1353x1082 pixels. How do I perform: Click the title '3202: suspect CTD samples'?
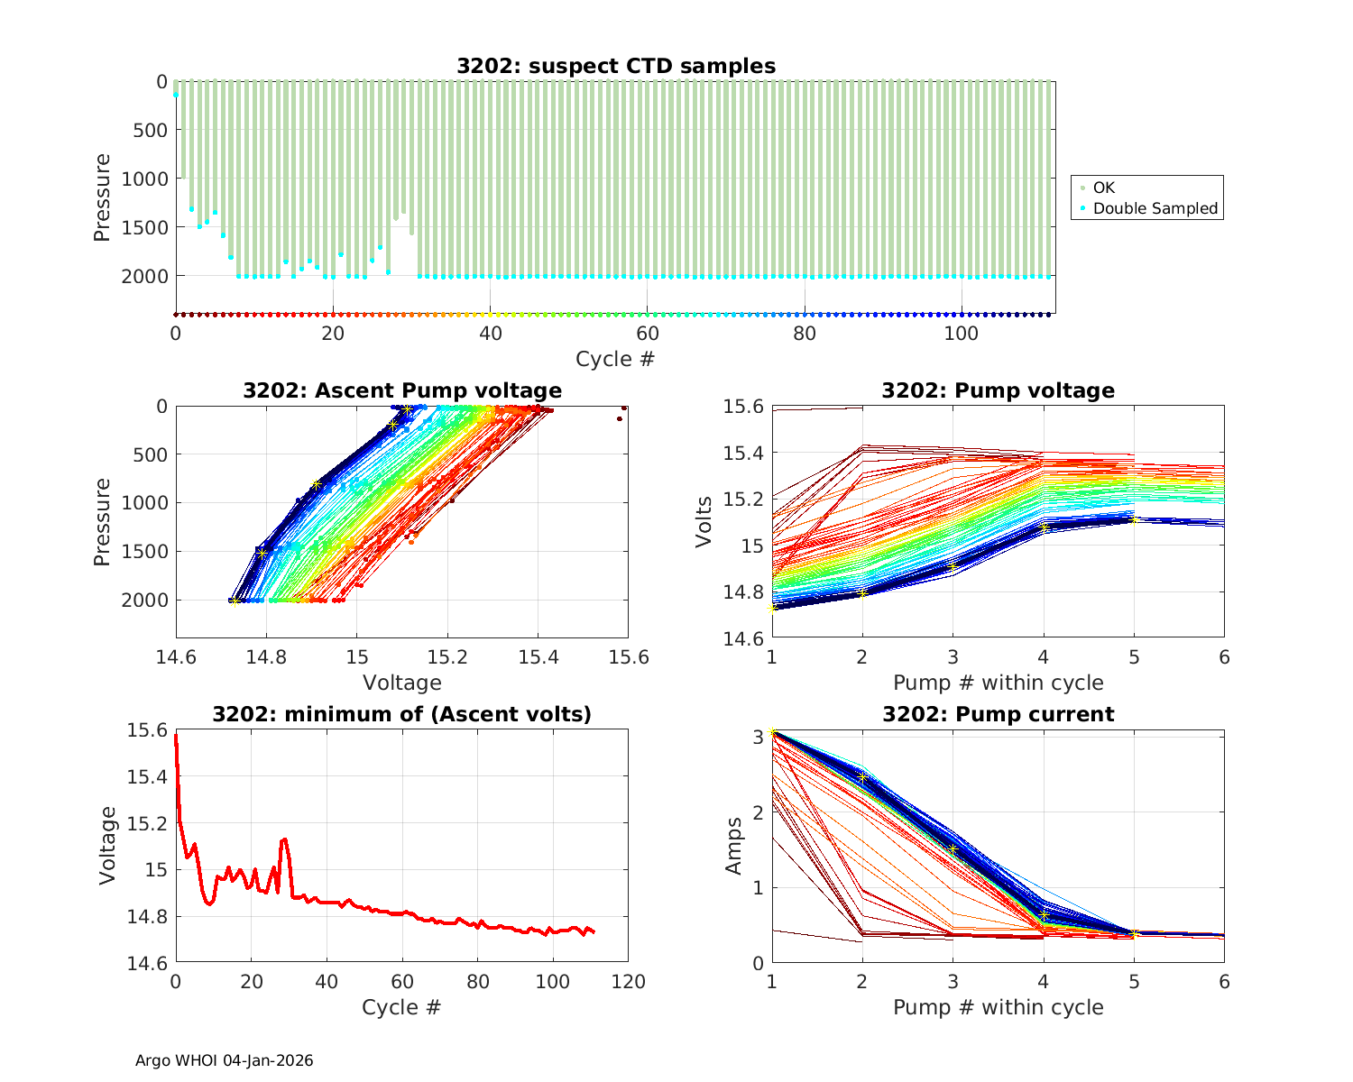(x=615, y=66)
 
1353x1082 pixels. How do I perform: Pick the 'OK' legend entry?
(x=1103, y=188)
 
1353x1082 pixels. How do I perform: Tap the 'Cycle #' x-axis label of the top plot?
(x=615, y=359)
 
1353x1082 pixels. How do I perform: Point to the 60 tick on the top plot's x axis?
(x=647, y=333)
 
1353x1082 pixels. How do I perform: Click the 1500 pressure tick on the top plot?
(x=144, y=227)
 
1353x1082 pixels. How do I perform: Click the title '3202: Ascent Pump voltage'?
(x=401, y=390)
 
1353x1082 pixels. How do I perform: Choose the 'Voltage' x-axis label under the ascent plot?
(x=401, y=683)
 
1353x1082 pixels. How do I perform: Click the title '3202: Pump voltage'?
(x=998, y=390)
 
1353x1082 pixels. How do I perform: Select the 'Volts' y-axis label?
(x=704, y=522)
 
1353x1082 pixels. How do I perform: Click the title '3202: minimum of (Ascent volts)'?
(x=401, y=714)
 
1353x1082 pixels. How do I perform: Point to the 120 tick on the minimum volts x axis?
(x=628, y=982)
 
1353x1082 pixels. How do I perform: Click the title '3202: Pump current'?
(x=998, y=714)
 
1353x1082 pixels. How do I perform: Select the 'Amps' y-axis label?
(x=734, y=846)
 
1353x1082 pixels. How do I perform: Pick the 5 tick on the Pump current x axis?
(x=1134, y=982)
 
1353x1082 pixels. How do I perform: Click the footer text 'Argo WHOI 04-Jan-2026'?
(x=224, y=1060)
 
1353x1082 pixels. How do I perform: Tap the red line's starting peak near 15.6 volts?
(x=176, y=736)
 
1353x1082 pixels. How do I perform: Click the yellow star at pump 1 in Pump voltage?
(x=771, y=608)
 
